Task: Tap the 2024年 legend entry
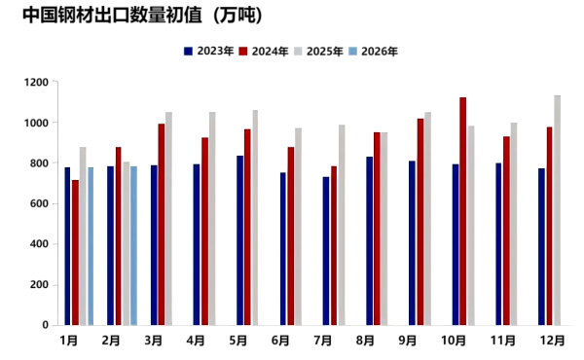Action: coord(262,51)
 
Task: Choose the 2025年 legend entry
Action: coord(318,51)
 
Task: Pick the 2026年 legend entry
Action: coord(374,51)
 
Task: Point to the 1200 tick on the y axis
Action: coord(37,83)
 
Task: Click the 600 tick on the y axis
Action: coord(40,203)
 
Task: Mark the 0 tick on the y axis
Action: coord(46,325)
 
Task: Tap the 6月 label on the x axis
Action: coord(281,341)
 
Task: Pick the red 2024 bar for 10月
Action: coord(462,211)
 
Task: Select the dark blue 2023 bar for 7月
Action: coord(326,251)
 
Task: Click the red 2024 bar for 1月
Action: coord(75,252)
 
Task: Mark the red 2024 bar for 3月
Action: coord(162,225)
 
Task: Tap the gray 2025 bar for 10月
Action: coord(471,225)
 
